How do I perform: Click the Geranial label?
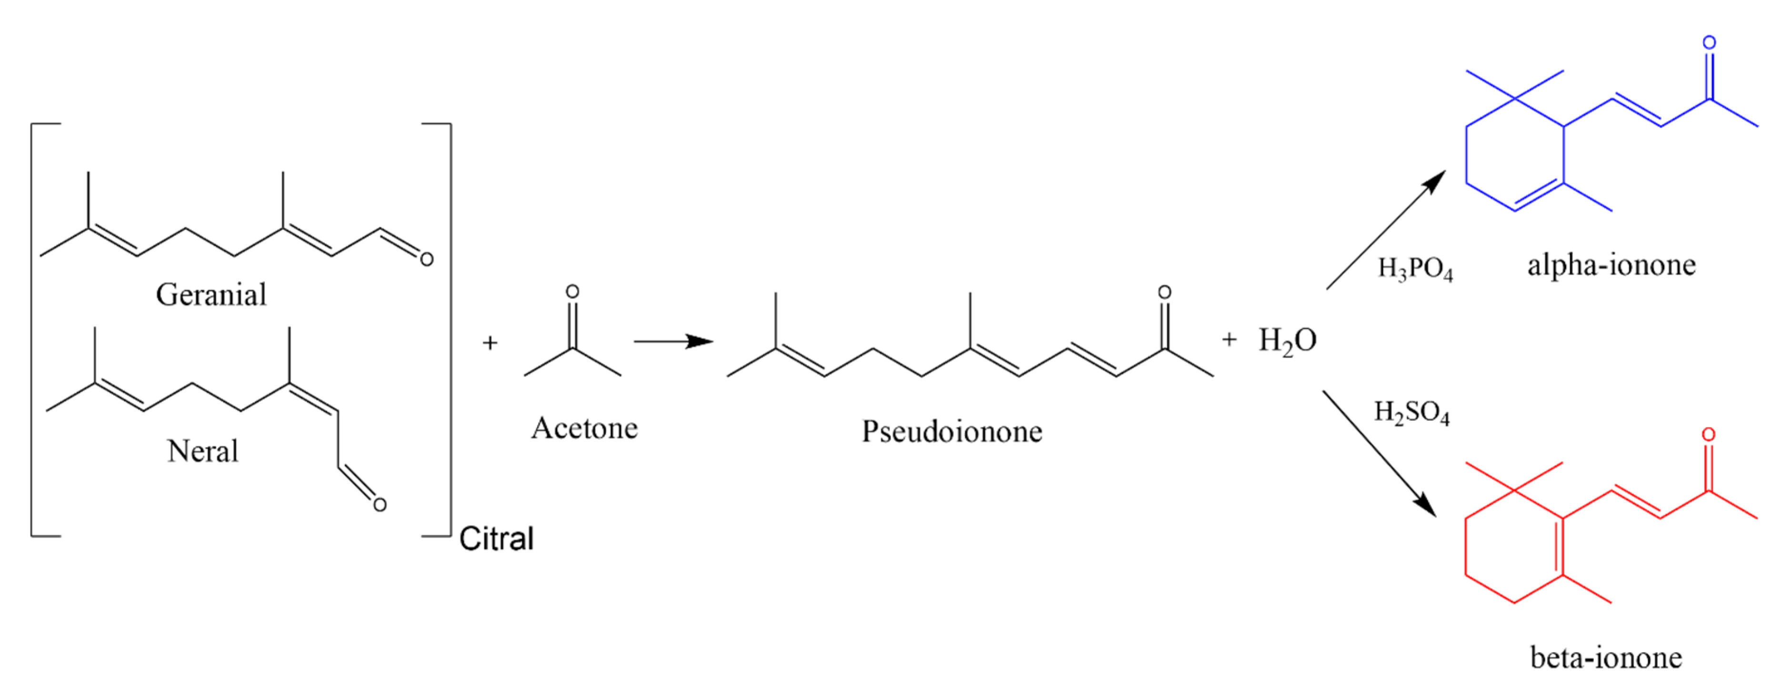(210, 295)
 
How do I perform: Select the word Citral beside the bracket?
(496, 538)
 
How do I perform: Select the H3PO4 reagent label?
(1416, 269)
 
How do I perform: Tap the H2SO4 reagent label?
(1411, 413)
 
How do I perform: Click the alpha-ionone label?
(1611, 265)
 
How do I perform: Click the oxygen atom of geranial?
(426, 260)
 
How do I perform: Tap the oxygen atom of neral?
(379, 505)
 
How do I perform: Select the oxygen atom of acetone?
(572, 292)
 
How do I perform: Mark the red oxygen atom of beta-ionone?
(1708, 435)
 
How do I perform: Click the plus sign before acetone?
(490, 343)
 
